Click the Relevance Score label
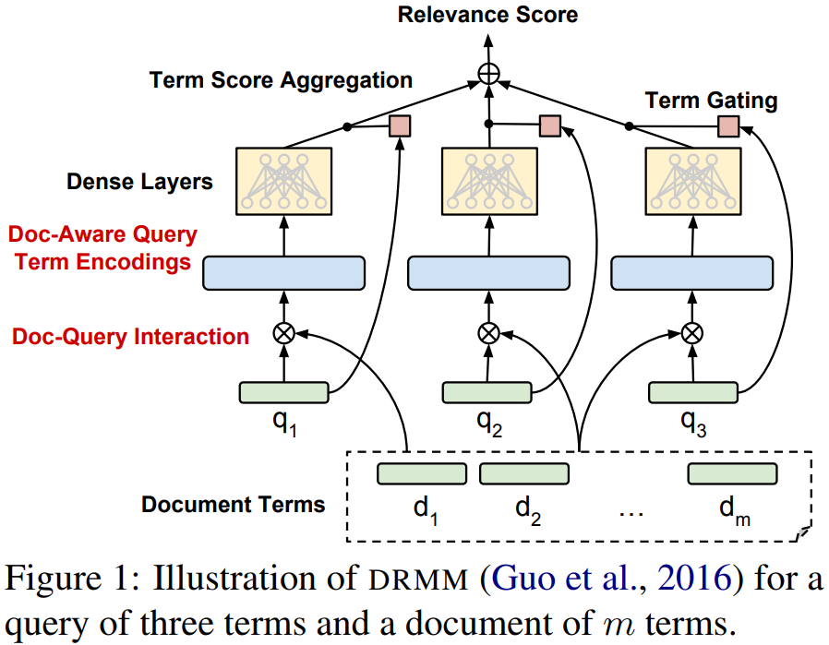(x=487, y=15)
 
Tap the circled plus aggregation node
(x=488, y=74)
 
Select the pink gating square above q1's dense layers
(x=400, y=126)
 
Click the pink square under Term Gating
(x=728, y=126)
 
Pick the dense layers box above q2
(x=489, y=181)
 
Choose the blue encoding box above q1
(x=284, y=273)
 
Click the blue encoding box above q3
(x=692, y=273)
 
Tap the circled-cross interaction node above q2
(x=488, y=333)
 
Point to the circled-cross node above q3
(x=692, y=333)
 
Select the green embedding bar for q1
(x=284, y=392)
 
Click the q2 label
(x=489, y=423)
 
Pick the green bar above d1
(x=422, y=474)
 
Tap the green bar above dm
(x=732, y=474)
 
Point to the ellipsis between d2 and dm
(x=631, y=514)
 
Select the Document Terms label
(x=234, y=505)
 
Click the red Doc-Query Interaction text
(x=130, y=337)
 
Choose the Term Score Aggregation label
(x=281, y=80)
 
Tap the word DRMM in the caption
(x=418, y=579)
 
